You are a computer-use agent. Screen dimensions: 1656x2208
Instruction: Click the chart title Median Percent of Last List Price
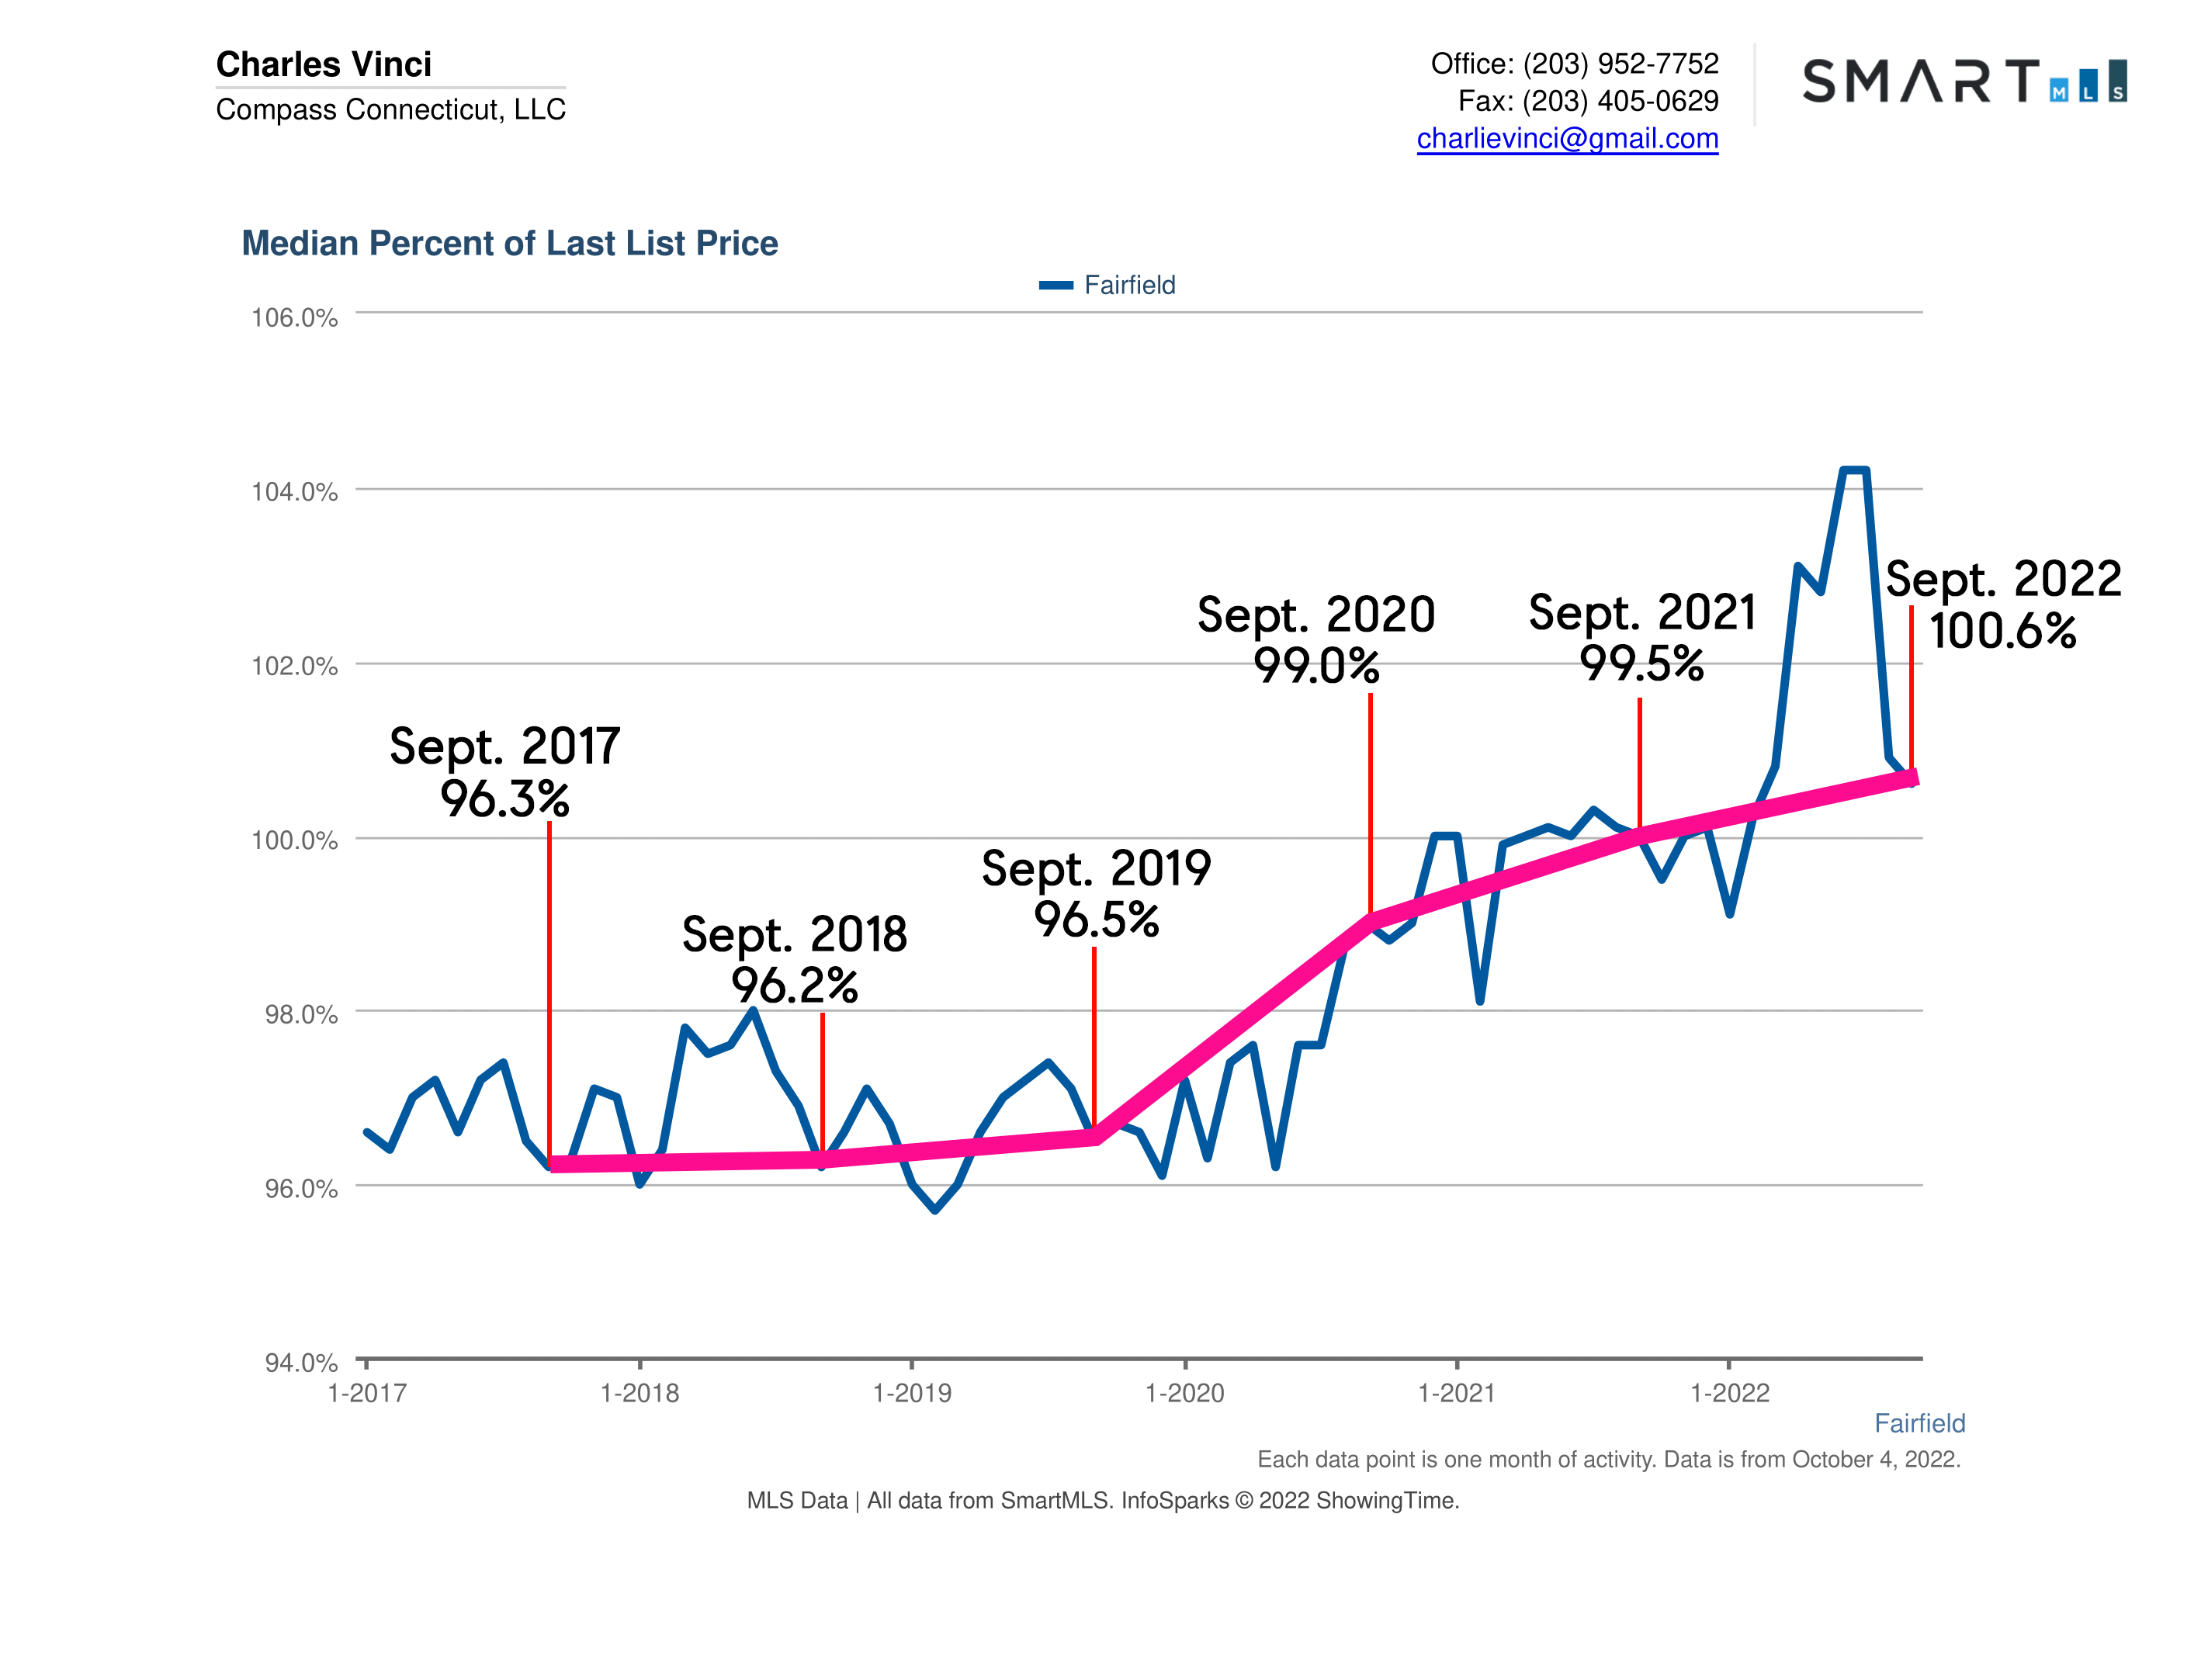pyautogui.click(x=509, y=244)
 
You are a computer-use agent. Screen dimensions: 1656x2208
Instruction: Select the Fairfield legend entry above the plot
pyautogui.click(x=1108, y=286)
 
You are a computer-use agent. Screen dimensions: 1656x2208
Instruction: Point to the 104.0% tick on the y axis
pyautogui.click(x=294, y=492)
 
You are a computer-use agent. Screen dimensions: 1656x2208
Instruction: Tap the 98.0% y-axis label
pyautogui.click(x=300, y=1015)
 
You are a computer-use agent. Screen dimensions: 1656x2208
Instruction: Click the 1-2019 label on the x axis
pyautogui.click(x=911, y=1394)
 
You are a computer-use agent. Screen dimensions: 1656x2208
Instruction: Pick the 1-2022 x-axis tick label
pyautogui.click(x=1729, y=1394)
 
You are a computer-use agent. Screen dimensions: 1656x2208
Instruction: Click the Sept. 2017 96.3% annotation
pyautogui.click(x=504, y=773)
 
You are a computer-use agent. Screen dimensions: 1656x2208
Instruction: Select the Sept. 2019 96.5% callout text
pyautogui.click(x=1095, y=893)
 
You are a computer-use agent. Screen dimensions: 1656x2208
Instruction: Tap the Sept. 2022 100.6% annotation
pyautogui.click(x=2002, y=605)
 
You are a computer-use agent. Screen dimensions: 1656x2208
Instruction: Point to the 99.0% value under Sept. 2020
pyautogui.click(x=1315, y=666)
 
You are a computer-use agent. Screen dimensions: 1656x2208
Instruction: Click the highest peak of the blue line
pyautogui.click(x=1853, y=469)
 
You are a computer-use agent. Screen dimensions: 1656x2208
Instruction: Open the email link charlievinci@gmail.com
pyautogui.click(x=1567, y=139)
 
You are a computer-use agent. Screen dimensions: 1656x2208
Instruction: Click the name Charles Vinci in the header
pyautogui.click(x=324, y=64)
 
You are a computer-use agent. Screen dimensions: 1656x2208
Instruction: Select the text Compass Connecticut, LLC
pyautogui.click(x=390, y=109)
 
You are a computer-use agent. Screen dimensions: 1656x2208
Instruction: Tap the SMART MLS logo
pyautogui.click(x=1964, y=81)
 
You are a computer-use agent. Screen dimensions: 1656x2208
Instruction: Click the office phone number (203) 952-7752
pyautogui.click(x=1620, y=64)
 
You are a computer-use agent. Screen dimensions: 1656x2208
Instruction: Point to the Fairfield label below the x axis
pyautogui.click(x=1919, y=1423)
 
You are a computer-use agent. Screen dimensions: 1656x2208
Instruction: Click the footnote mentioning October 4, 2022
pyautogui.click(x=1608, y=1460)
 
